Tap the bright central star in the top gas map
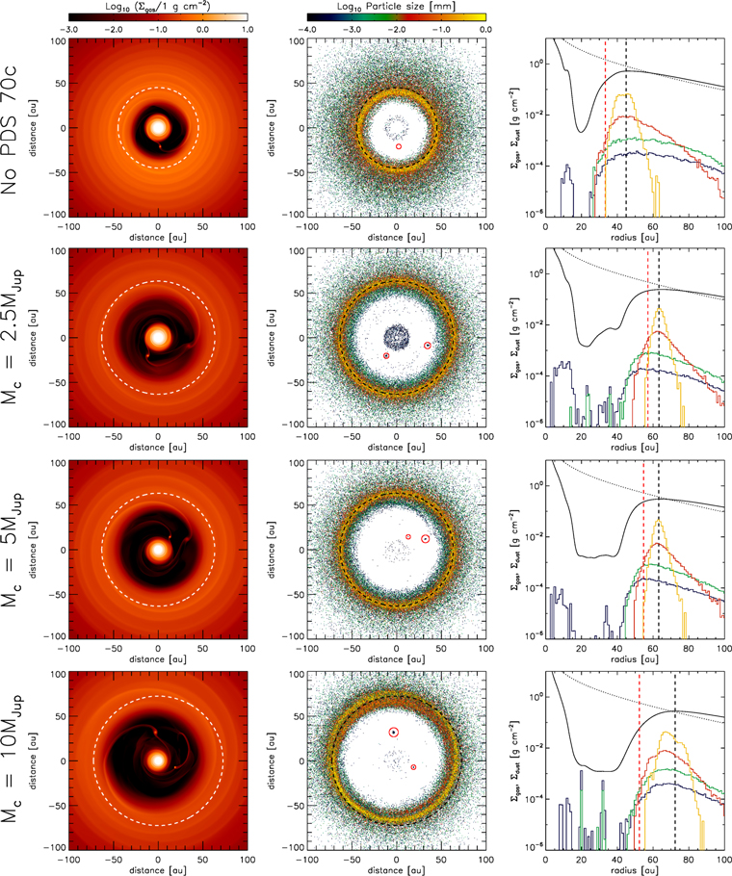point(159,128)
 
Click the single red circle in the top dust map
point(399,146)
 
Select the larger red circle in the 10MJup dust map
point(393,733)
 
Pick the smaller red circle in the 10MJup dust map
point(413,767)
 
